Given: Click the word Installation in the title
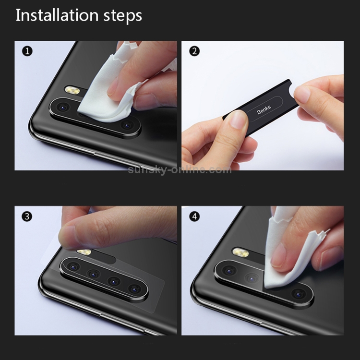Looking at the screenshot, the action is (57, 15).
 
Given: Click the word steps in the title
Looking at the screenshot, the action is (123, 16).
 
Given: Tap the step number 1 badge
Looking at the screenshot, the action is (27, 51).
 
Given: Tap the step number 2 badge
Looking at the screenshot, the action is (194, 51).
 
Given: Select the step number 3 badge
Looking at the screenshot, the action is (27, 216).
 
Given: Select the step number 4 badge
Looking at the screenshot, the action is (194, 216).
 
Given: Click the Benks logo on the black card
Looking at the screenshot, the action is (264, 109).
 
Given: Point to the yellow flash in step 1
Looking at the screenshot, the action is (72, 90).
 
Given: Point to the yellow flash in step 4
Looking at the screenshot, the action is (240, 252).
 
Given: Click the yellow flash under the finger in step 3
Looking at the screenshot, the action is (84, 252).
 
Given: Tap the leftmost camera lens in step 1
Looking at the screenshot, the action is (62, 107).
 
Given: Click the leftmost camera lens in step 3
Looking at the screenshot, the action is (74, 267).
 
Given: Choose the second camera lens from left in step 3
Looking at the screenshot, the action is (94, 274).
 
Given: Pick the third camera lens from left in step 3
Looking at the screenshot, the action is (114, 281).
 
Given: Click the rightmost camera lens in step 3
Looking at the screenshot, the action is (135, 289).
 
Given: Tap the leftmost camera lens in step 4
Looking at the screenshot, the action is (229, 271).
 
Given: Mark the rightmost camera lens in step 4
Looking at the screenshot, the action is (299, 294).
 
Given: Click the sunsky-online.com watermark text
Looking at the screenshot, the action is (180, 170).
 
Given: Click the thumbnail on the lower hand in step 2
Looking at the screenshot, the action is (238, 119).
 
